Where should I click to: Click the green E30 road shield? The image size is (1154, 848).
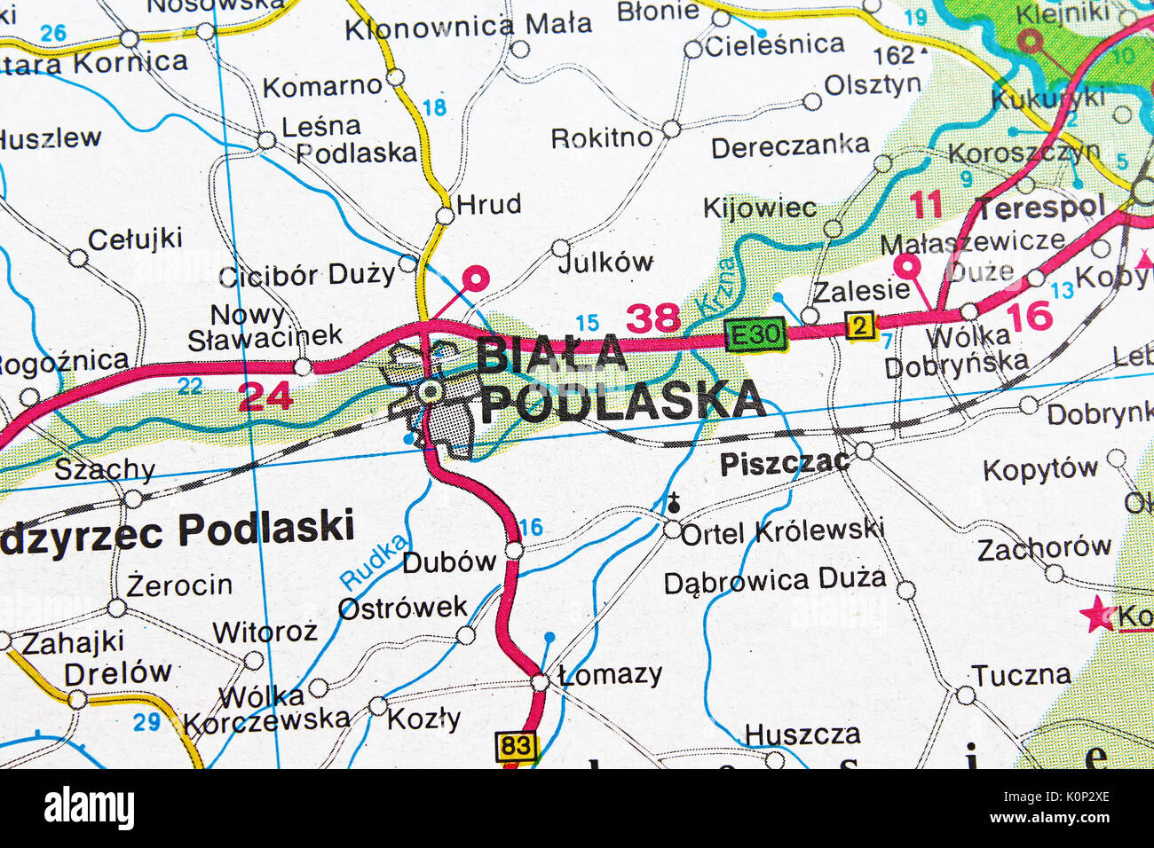click(755, 334)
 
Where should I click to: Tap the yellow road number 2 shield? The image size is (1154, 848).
click(858, 326)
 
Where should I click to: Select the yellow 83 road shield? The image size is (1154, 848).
click(516, 746)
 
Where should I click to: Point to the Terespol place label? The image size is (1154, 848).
click(1040, 208)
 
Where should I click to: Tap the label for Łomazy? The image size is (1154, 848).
click(611, 674)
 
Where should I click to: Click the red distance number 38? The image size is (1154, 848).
click(653, 318)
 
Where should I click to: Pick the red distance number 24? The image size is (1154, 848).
click(265, 397)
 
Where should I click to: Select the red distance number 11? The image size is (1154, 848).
click(926, 205)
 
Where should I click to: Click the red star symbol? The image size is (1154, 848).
click(1097, 614)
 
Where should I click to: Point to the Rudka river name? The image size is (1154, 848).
click(375, 562)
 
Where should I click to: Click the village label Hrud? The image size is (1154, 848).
click(488, 205)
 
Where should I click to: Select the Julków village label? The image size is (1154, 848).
click(605, 262)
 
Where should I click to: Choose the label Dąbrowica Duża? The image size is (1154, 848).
click(774, 581)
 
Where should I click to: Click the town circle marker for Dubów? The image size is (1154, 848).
click(514, 551)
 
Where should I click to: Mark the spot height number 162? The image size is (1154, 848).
click(893, 55)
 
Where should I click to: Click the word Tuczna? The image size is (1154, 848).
click(1020, 675)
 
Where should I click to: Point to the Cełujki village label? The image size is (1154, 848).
click(135, 239)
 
